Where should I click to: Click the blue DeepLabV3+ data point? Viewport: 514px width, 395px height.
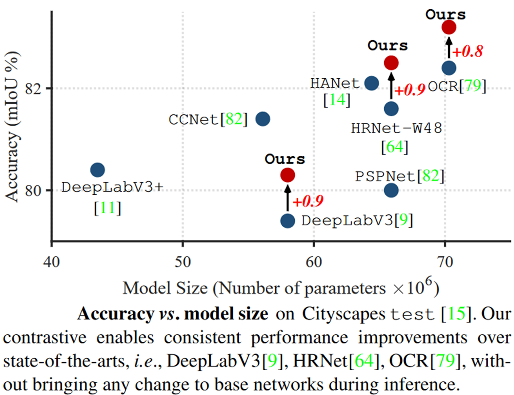pyautogui.click(x=98, y=170)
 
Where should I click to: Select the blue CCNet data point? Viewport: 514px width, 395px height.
pyautogui.click(x=263, y=119)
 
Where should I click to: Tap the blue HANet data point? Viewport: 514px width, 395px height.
pyautogui.click(x=372, y=83)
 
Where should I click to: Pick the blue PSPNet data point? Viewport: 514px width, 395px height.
pyautogui.click(x=391, y=190)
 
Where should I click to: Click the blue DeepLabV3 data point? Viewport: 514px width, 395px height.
pyautogui.click(x=288, y=221)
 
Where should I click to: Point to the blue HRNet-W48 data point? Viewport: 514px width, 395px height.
pyautogui.click(x=391, y=109)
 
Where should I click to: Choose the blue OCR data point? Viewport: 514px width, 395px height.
pyautogui.click(x=449, y=68)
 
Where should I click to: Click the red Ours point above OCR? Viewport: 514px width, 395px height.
pyautogui.click(x=449, y=27)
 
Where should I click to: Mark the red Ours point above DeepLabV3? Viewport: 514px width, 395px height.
pyautogui.click(x=288, y=175)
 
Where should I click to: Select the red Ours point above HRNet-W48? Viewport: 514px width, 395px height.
pyautogui.click(x=391, y=63)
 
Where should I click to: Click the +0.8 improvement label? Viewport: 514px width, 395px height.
pyautogui.click(x=468, y=51)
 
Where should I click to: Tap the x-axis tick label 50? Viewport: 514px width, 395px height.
pyautogui.click(x=182, y=262)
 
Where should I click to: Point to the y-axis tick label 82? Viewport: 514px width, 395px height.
pyautogui.click(x=33, y=88)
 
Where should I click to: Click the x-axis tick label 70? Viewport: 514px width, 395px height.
pyautogui.click(x=445, y=262)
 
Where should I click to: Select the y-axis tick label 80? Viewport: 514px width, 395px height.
pyautogui.click(x=33, y=190)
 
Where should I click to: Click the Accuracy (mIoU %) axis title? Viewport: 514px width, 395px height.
pyautogui.click(x=12, y=127)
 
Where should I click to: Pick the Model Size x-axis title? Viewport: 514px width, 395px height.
pyautogui.click(x=281, y=288)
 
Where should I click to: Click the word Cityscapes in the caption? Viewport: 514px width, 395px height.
pyautogui.click(x=343, y=314)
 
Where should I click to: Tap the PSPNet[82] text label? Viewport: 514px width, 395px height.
pyautogui.click(x=400, y=176)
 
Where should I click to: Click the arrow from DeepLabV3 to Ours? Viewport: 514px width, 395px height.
pyautogui.click(x=288, y=198)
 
